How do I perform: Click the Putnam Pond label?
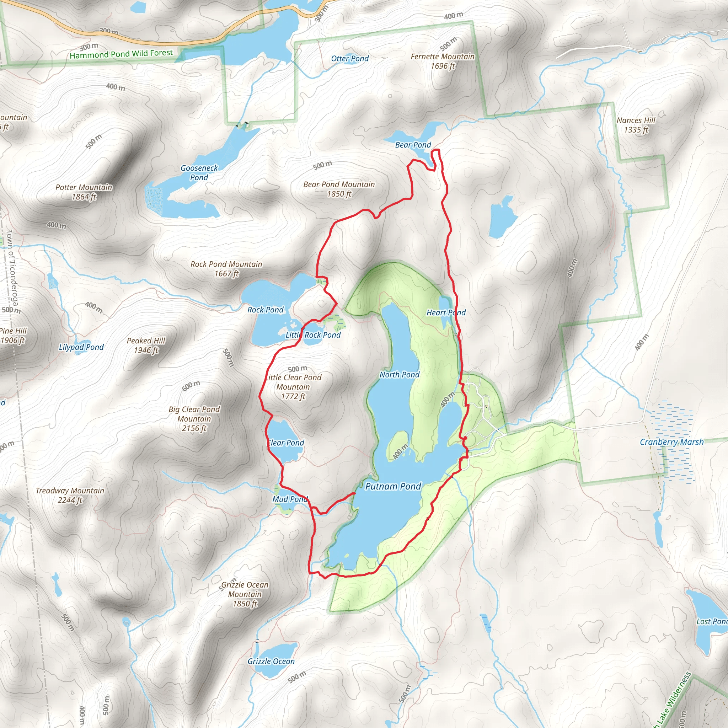click(393, 487)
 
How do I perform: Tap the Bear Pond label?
click(413, 145)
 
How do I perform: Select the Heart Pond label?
click(446, 312)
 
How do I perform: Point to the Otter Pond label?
click(350, 58)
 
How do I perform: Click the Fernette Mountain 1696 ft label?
click(443, 61)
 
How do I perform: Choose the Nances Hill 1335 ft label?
click(636, 125)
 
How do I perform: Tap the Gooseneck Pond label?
click(199, 172)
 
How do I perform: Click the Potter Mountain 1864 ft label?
click(84, 192)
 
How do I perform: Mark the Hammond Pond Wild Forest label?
click(121, 54)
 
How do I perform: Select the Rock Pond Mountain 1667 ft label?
click(226, 269)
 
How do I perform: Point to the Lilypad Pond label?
click(81, 347)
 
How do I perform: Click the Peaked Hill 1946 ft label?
click(146, 345)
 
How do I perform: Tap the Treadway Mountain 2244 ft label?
click(70, 495)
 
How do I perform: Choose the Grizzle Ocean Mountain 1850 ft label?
click(245, 594)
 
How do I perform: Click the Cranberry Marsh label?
click(671, 442)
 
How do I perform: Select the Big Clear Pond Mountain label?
click(194, 419)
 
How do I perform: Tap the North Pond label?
click(400, 375)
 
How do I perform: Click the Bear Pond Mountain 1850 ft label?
click(339, 189)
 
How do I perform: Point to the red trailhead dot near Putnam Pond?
click(465, 438)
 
